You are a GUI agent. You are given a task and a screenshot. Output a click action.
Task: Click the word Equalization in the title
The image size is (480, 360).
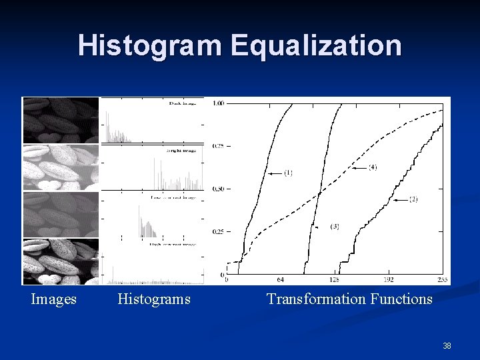(317, 45)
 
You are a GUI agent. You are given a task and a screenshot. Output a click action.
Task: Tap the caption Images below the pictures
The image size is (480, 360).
(54, 299)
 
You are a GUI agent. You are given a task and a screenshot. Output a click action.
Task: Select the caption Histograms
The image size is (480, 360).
(154, 299)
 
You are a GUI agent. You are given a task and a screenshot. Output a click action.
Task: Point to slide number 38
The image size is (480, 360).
(447, 346)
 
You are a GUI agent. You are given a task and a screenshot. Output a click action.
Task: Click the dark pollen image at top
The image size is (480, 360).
(61, 120)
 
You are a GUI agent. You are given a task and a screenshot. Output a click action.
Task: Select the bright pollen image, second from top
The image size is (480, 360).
(61, 167)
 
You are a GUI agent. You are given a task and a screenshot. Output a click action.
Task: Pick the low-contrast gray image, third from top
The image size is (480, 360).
(61, 214)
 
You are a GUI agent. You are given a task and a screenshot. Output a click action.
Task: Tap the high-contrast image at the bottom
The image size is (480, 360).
(61, 261)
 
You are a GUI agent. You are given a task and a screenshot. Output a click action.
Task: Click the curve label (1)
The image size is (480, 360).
(287, 173)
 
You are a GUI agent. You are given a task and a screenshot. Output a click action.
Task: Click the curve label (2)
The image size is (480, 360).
(413, 199)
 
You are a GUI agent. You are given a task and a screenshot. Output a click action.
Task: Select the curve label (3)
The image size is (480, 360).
(335, 227)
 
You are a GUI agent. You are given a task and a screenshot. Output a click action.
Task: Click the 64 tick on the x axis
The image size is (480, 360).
(280, 280)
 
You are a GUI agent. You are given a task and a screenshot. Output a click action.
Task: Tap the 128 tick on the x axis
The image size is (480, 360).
(334, 280)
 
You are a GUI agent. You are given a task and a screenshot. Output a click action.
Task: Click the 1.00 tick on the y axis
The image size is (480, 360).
(218, 103)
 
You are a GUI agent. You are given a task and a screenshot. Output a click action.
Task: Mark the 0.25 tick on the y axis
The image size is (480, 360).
(218, 231)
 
